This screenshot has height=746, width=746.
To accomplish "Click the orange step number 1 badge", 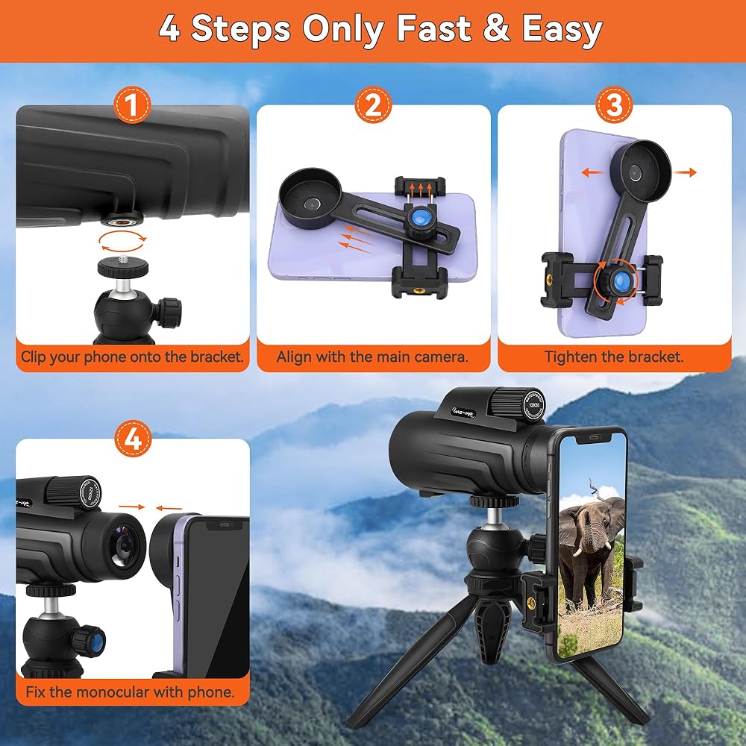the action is (132, 104).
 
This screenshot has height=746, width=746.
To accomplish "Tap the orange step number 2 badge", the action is (374, 104).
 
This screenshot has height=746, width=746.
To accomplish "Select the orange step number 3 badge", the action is (614, 104).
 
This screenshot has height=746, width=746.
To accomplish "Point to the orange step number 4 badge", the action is (133, 439).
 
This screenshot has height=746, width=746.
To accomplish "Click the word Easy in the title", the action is (562, 28).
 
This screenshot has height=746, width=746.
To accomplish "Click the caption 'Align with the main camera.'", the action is (372, 357).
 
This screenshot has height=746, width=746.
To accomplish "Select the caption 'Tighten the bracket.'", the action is (614, 357).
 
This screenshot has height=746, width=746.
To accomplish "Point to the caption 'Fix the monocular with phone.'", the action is (131, 692).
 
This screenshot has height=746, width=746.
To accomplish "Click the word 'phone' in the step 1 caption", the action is (104, 357).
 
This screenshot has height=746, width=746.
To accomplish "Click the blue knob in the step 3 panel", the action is (619, 280).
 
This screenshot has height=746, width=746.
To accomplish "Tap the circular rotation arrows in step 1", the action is (122, 241).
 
